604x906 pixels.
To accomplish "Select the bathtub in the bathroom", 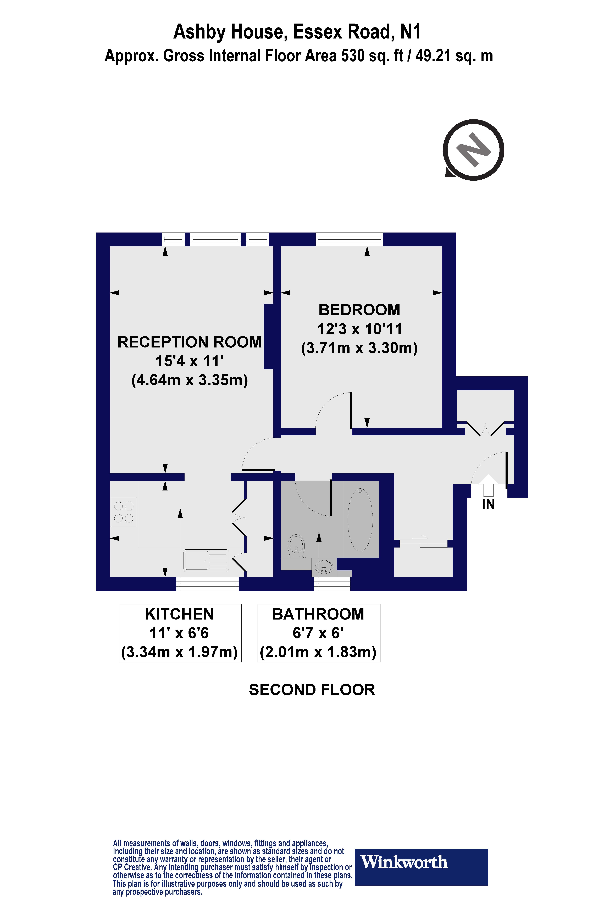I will pyautogui.click(x=360, y=519).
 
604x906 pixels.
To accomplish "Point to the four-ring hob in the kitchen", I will pyautogui.click(x=124, y=512).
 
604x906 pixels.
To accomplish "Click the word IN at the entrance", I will pyautogui.click(x=488, y=504).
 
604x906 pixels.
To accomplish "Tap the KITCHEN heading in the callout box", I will pyautogui.click(x=180, y=614).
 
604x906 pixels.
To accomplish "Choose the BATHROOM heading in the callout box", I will pyautogui.click(x=318, y=614).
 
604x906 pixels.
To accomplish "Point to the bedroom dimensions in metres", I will pyautogui.click(x=359, y=348).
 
